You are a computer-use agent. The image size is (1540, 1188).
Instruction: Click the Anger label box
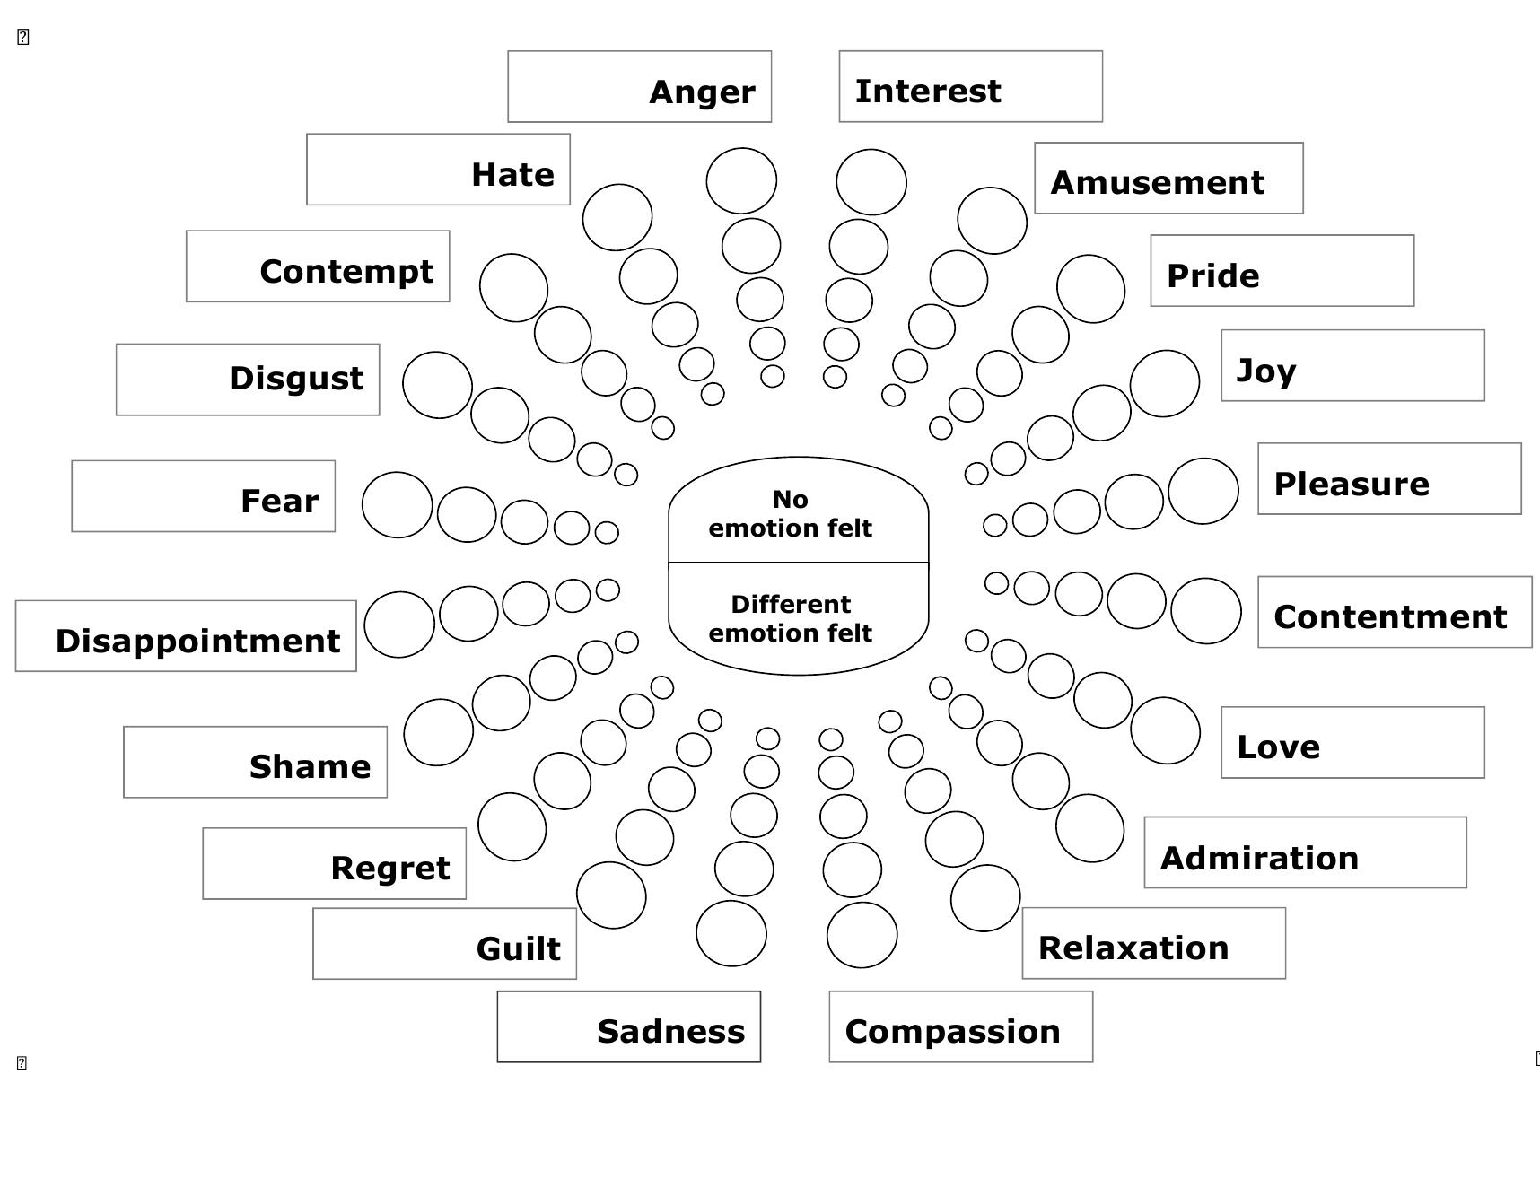639,87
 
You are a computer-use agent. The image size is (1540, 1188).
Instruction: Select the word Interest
927,91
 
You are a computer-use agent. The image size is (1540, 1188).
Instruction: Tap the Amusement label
1157,182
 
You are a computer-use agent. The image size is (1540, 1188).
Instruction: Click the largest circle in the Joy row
1164,383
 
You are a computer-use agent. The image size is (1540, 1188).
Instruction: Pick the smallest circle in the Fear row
607,532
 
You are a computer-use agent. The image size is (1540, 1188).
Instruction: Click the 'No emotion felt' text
790,513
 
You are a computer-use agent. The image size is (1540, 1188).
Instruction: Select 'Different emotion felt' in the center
790,618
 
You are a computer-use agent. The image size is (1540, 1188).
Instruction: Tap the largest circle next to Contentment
1205,610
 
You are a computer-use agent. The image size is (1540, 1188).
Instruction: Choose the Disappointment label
197,641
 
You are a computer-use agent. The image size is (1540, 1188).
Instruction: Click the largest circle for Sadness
731,933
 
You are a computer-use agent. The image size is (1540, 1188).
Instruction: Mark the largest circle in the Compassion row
862,935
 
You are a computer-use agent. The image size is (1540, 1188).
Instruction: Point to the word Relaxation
1133,948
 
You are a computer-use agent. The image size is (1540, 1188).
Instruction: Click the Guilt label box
444,944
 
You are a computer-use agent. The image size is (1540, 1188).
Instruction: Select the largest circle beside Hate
617,217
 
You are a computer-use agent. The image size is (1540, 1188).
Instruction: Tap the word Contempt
346,271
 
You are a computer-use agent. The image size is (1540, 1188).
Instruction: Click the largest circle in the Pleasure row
1203,491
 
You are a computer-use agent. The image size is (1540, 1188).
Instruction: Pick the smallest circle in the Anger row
772,376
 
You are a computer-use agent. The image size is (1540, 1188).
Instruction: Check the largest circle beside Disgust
437,385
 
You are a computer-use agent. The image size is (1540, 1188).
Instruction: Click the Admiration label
1259,858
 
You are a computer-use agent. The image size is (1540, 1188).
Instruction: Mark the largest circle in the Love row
1165,730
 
